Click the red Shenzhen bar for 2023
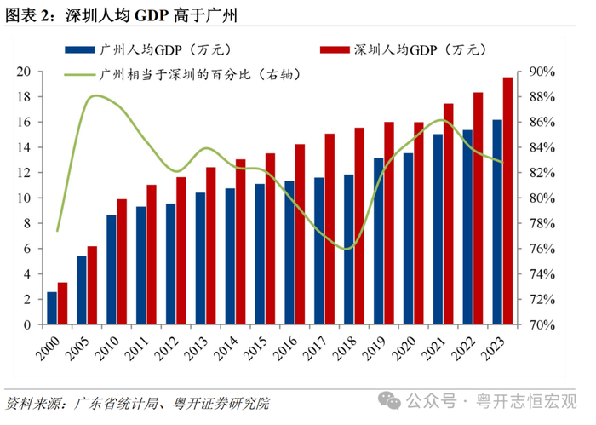507,201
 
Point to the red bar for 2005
93,285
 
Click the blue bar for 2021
438,229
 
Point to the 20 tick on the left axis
25,71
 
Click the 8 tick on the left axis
28,223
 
